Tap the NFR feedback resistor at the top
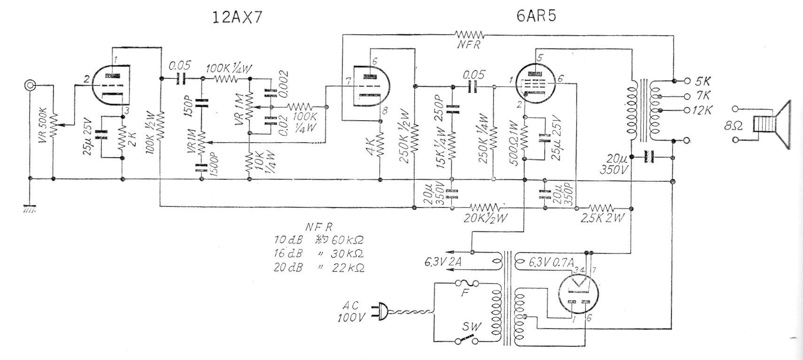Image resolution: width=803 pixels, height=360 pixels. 470,34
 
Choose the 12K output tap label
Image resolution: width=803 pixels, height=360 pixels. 703,111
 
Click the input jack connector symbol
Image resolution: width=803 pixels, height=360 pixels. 30,85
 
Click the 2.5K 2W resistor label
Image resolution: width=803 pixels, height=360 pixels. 602,218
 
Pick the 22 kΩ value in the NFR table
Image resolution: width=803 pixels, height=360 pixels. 348,268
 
